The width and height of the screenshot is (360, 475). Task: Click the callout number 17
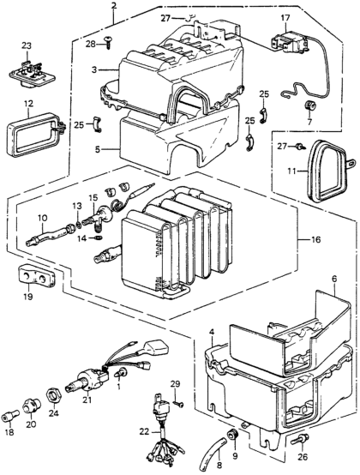pos(285,19)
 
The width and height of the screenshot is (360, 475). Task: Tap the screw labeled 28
pos(108,42)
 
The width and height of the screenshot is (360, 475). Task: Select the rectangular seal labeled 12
pos(35,135)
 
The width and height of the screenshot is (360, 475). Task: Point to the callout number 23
pos(27,46)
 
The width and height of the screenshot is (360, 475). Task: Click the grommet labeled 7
pos(310,106)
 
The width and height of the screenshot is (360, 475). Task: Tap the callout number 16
pos(315,240)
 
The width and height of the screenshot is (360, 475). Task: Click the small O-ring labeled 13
pos(78,225)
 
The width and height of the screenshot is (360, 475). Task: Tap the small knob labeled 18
pos(10,418)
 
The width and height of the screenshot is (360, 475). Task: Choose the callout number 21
pos(87,400)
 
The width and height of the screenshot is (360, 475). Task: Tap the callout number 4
pos(212,333)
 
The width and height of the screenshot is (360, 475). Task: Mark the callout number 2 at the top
pos(113,6)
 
